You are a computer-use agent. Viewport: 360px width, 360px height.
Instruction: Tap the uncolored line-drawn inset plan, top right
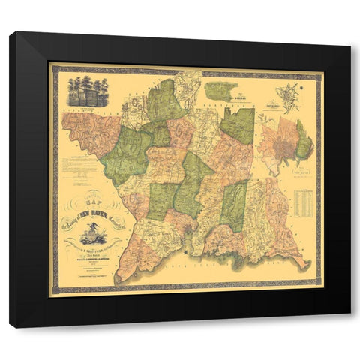coord(289,97)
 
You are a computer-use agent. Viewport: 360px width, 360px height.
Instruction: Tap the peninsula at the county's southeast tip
coord(301,263)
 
